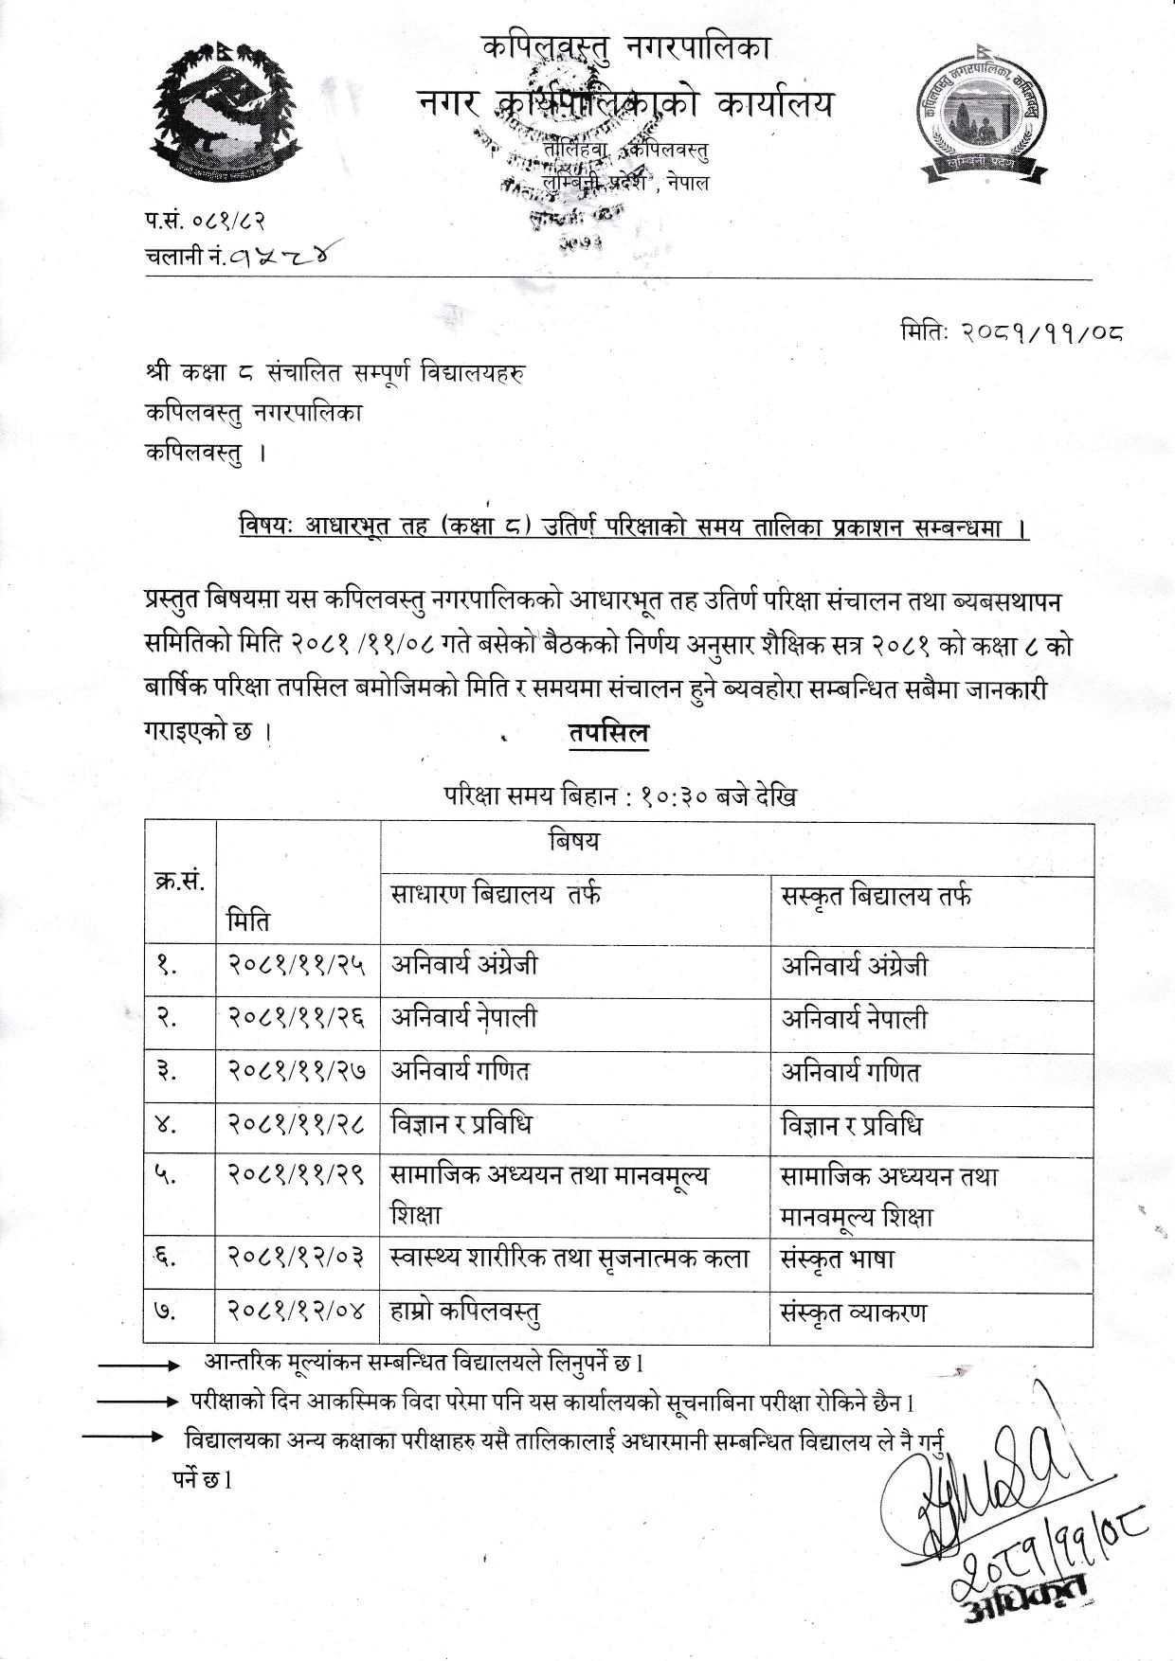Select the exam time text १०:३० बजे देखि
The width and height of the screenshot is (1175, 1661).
click(701, 797)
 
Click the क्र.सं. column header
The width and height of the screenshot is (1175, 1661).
click(179, 882)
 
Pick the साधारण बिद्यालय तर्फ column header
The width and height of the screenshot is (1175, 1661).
click(496, 896)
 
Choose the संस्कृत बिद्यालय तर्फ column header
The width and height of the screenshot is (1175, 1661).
click(877, 896)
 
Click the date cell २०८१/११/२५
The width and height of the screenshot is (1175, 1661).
click(297, 965)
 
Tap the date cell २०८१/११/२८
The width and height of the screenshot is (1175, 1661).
click(297, 1124)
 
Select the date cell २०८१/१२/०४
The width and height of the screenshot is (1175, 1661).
click(297, 1313)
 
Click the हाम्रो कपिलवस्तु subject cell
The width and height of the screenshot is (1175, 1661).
click(465, 1313)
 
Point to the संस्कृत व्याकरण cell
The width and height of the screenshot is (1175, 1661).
click(853, 1313)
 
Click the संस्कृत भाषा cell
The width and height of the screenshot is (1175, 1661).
click(837, 1259)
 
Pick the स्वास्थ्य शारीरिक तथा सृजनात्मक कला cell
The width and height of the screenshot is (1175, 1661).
click(569, 1259)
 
